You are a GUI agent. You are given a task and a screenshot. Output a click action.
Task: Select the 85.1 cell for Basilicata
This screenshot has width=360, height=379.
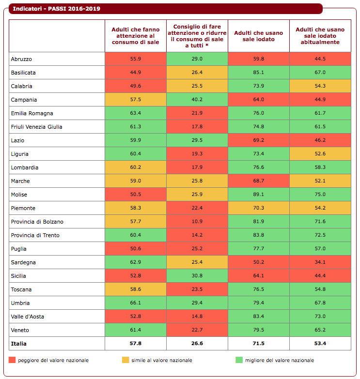coord(258,73)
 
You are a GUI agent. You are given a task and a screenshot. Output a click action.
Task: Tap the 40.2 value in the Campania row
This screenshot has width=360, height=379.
coord(197,100)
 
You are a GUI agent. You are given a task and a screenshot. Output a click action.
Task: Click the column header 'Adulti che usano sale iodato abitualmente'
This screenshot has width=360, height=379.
coord(320,36)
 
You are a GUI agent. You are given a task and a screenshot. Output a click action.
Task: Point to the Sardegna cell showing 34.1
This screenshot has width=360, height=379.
coord(320,262)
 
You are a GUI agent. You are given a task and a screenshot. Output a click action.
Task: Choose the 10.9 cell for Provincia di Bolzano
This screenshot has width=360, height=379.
coord(197,222)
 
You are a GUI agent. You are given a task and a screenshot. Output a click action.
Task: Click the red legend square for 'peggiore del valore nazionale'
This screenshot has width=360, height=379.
coord(13,360)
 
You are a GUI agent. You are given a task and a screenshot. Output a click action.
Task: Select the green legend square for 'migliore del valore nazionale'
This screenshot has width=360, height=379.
coord(239,360)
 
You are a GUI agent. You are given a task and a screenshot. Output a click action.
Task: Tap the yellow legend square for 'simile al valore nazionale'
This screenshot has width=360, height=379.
coord(126,360)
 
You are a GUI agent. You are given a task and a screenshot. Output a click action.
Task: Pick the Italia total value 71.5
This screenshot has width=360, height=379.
coord(258,344)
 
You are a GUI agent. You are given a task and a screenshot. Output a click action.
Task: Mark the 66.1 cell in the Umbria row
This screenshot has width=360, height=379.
coord(135,303)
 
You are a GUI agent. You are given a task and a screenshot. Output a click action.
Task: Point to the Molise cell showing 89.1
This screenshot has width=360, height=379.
coord(258,195)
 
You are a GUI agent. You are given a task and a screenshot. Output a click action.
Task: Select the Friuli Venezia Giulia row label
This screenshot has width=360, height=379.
coord(36,127)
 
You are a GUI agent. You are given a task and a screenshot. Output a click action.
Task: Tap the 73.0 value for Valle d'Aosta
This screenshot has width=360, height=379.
coord(320,317)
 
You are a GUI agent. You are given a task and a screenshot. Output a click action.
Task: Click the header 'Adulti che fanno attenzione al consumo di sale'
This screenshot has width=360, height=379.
coord(135,36)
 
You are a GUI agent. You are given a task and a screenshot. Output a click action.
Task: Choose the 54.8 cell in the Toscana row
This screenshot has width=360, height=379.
coord(320,289)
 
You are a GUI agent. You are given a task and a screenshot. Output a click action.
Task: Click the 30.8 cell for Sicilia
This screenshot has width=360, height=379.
coord(197,276)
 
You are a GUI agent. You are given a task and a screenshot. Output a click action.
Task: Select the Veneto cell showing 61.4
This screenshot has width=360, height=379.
coord(135,330)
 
